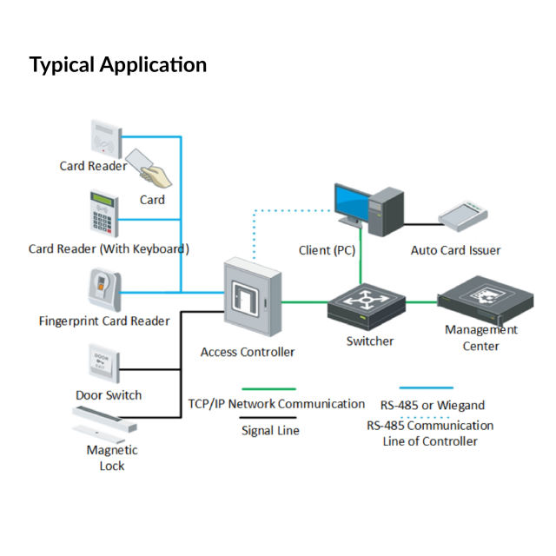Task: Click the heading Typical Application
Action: click(118, 64)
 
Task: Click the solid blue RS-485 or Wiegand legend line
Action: click(426, 388)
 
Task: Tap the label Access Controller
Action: click(248, 352)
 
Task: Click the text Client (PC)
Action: click(327, 250)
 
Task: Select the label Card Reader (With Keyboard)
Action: click(109, 248)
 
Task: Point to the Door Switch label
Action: click(108, 395)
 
